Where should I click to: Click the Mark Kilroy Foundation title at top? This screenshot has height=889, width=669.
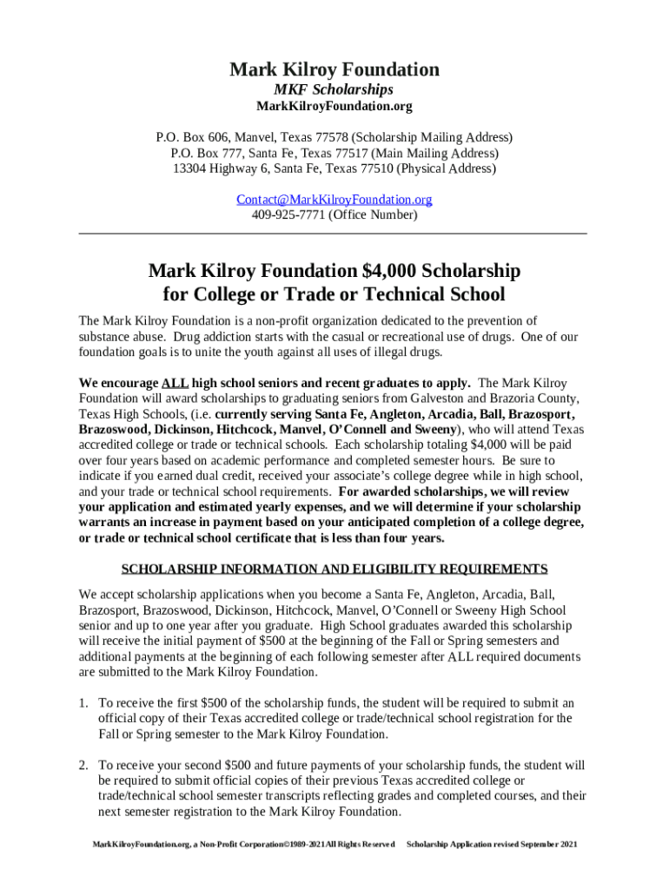[x=334, y=69]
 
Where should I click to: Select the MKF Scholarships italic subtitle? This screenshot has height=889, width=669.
[x=334, y=89]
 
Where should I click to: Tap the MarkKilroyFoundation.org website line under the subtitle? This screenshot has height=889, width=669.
[x=334, y=107]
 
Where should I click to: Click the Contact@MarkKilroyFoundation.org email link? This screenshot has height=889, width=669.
[x=334, y=200]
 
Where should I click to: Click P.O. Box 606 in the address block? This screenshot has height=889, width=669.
[x=190, y=137]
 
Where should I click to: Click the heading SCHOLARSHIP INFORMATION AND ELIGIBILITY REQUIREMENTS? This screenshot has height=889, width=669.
[x=334, y=570]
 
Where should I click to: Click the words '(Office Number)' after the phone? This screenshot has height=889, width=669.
[x=373, y=215]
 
